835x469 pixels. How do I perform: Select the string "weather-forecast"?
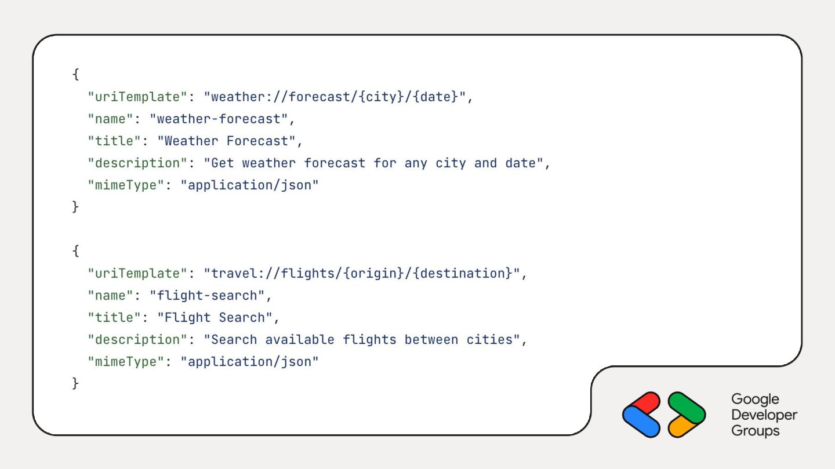[x=219, y=119]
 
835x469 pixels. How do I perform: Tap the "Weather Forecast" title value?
[x=226, y=141]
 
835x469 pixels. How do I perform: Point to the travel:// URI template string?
[x=362, y=273]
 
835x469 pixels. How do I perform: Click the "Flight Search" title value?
[x=215, y=317]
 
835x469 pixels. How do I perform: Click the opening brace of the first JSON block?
[x=75, y=75]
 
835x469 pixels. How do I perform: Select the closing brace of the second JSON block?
[x=75, y=383]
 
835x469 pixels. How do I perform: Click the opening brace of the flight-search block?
[x=75, y=251]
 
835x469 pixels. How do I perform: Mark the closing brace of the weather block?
[x=75, y=207]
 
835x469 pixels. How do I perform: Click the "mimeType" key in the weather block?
[x=126, y=185]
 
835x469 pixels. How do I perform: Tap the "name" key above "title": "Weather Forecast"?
[x=110, y=119]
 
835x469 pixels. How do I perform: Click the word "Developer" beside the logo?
[x=764, y=415]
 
